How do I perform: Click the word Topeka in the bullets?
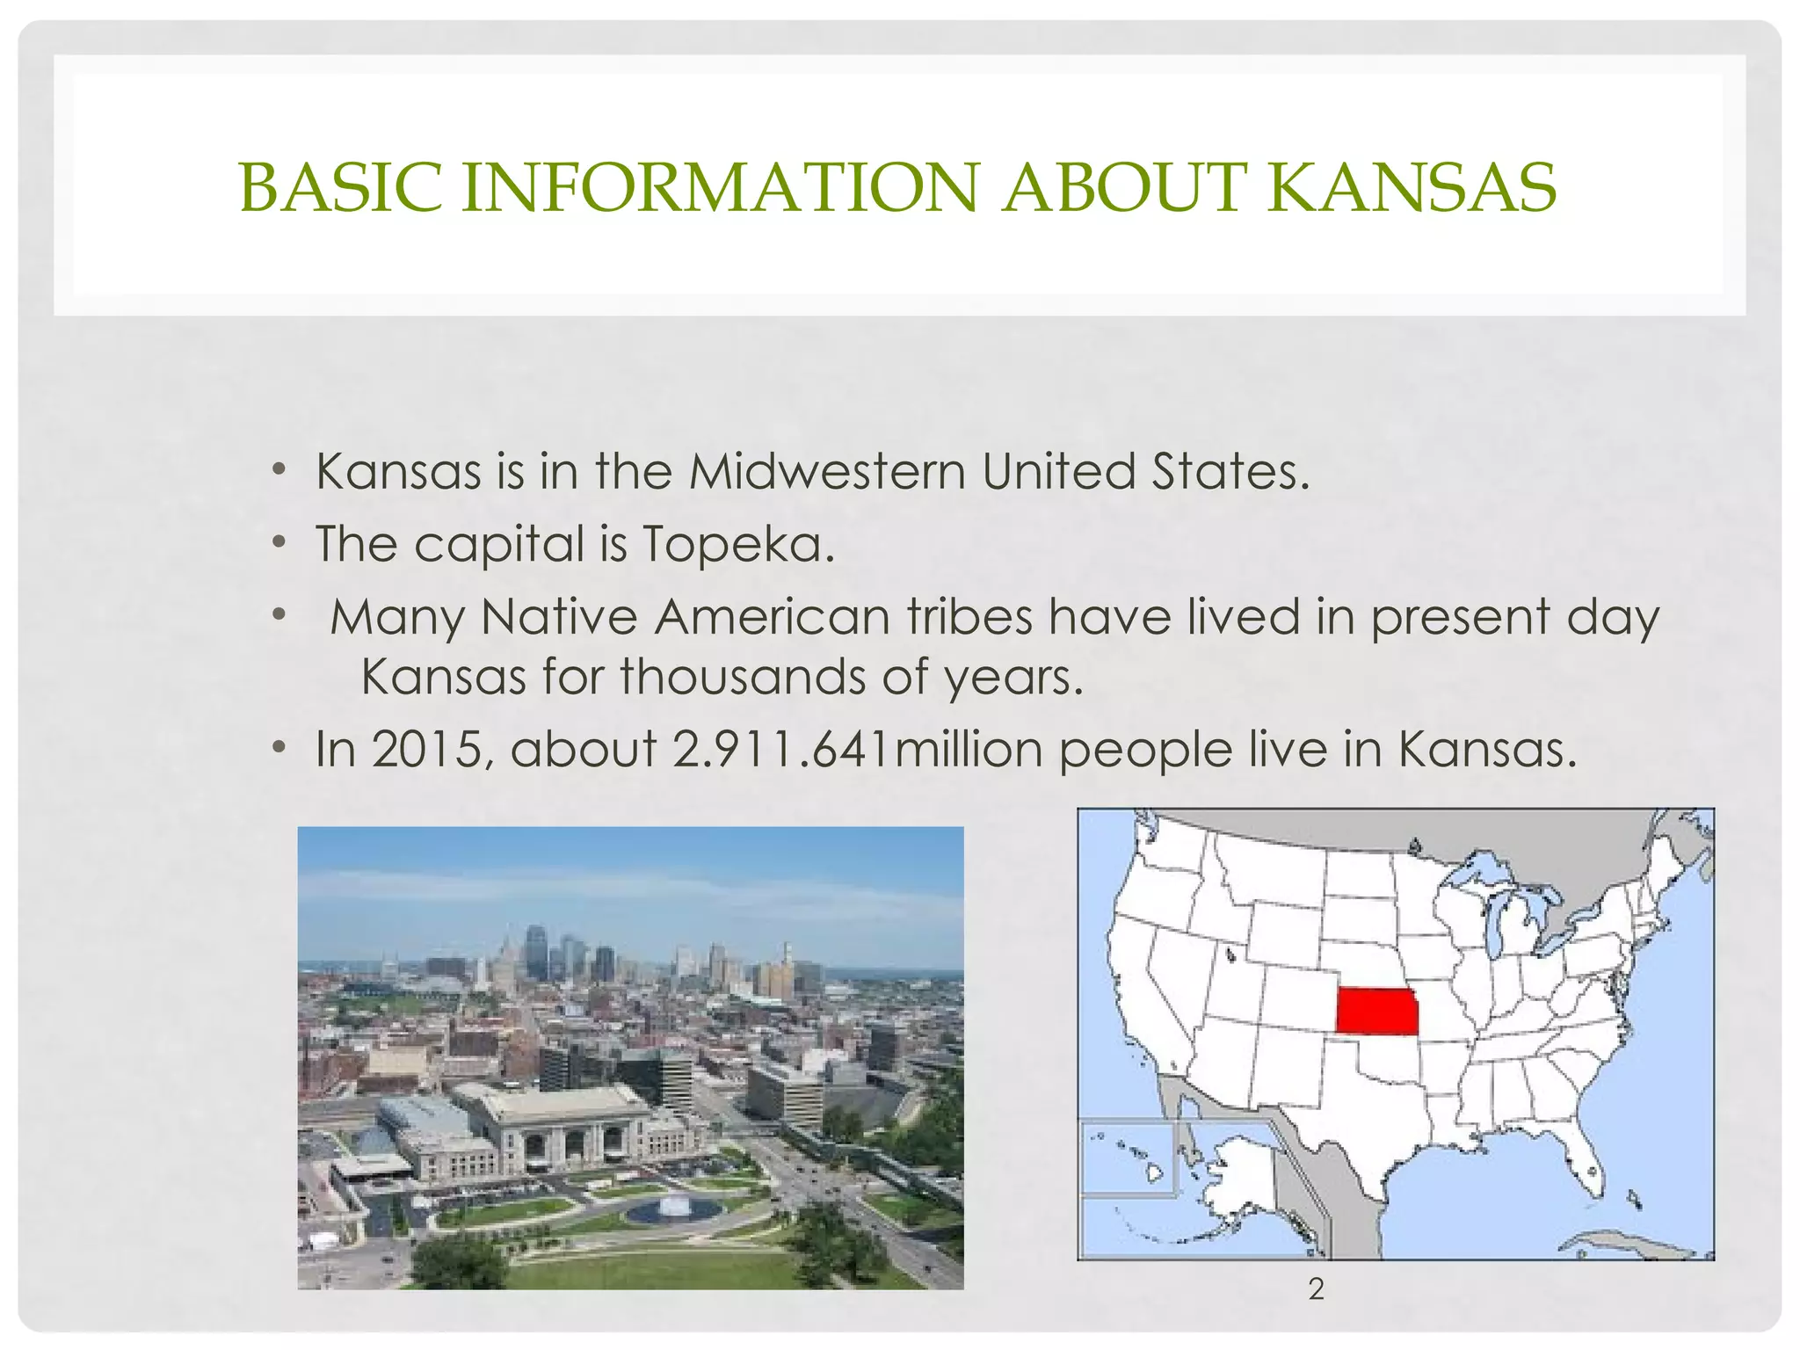[x=737, y=544]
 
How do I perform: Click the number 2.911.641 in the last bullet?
[x=780, y=750]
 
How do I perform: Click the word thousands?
[x=743, y=678]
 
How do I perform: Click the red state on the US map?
[x=1376, y=1011]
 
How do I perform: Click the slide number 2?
[x=1316, y=1289]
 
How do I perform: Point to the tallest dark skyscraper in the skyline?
[x=535, y=952]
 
